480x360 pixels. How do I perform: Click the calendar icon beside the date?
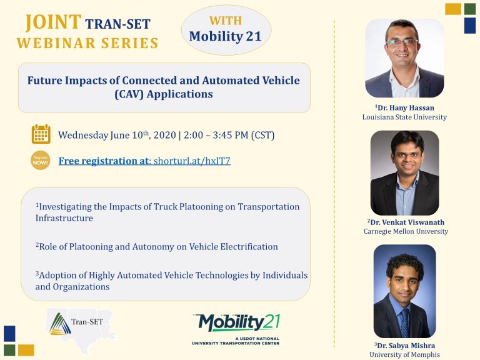[41, 134]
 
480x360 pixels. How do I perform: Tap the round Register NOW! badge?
[40, 161]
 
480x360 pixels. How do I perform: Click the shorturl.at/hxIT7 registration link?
[192, 161]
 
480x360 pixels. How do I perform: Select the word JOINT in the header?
[53, 22]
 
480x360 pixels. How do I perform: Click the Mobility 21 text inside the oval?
[225, 36]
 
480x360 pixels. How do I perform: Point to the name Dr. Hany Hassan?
[404, 107]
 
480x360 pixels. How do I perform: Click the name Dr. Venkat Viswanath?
[406, 222]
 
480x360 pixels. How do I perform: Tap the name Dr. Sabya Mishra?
[404, 346]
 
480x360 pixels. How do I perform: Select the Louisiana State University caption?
[404, 117]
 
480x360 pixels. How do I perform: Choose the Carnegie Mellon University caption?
[406, 231]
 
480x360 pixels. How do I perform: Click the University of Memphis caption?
[404, 355]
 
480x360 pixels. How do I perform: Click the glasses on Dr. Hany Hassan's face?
[402, 42]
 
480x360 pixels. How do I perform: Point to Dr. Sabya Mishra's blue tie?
[405, 322]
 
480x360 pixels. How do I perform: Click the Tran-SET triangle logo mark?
[60, 324]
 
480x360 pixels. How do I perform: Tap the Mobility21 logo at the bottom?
[236, 329]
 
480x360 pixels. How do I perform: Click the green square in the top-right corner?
[470, 9]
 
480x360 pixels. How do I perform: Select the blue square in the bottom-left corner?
[9, 334]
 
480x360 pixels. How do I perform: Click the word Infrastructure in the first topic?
[64, 218]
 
